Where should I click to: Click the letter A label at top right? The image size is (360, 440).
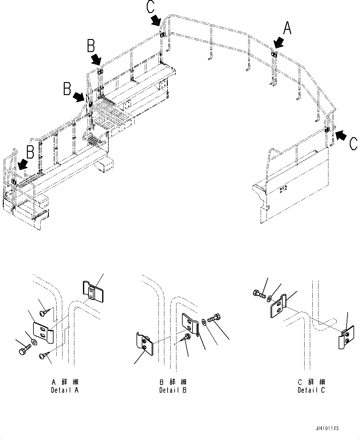point(287,28)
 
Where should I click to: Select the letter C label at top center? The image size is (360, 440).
point(150,7)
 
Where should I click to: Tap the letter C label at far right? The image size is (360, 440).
point(353,144)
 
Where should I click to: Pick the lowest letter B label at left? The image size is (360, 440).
point(30,152)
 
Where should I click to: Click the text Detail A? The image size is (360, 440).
point(65,390)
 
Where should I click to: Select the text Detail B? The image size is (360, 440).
point(173,390)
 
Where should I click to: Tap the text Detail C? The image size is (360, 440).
point(311,390)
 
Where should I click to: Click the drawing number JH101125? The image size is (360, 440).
point(327,428)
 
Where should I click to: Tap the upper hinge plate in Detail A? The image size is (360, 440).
point(93,291)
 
